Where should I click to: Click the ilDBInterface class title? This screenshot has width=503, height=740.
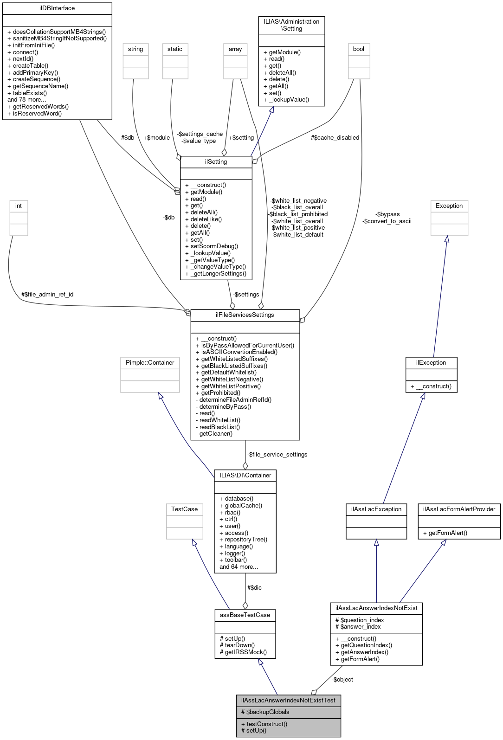(57, 8)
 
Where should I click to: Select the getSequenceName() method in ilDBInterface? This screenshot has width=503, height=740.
(40, 86)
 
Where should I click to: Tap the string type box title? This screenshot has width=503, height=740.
(135, 49)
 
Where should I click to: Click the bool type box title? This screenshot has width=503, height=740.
(359, 49)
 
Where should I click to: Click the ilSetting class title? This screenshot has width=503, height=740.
(216, 162)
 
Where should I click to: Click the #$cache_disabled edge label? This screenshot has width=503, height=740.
(335, 138)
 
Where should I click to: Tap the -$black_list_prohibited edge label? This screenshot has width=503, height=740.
(298, 214)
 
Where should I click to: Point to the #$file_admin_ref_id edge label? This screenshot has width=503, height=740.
(47, 295)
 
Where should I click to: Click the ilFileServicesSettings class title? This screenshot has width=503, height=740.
(245, 315)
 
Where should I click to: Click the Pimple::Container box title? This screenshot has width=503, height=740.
(150, 363)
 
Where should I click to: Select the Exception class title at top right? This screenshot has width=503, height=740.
(449, 206)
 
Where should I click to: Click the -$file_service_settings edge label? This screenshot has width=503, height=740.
(277, 455)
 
